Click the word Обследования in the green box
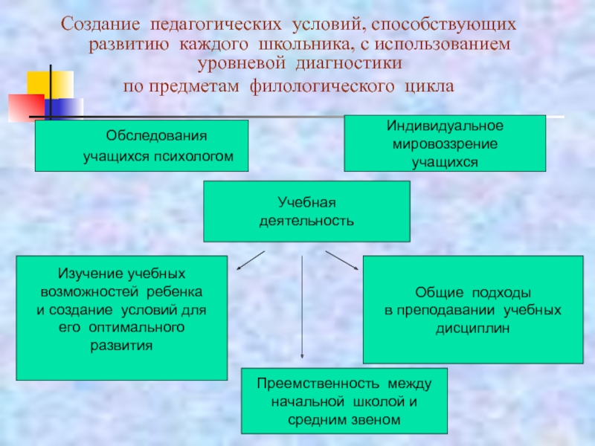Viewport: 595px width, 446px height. click(x=155, y=137)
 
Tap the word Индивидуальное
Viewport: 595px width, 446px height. click(x=444, y=126)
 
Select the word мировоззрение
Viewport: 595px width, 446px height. click(x=445, y=143)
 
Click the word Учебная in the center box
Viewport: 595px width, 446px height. click(x=307, y=201)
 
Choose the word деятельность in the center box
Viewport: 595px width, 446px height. click(x=306, y=221)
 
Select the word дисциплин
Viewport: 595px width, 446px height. click(x=473, y=328)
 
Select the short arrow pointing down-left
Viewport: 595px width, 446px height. click(x=250, y=261)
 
